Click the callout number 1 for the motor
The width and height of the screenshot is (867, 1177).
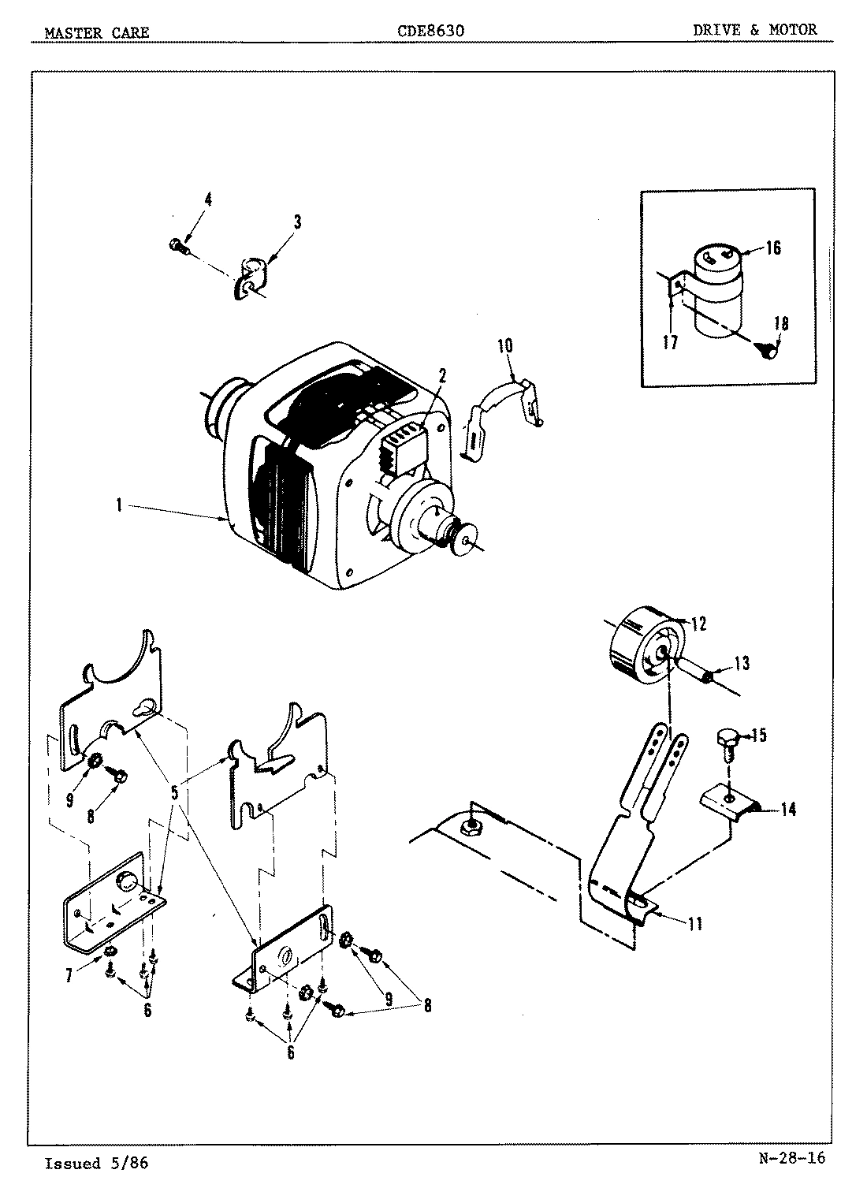pyautogui.click(x=118, y=505)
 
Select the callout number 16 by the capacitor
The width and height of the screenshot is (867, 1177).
pyautogui.click(x=772, y=248)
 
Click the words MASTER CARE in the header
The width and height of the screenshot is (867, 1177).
pyautogui.click(x=97, y=33)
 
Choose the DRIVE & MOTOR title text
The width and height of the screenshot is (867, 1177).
pyautogui.click(x=755, y=30)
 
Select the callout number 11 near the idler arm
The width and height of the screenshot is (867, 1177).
pyautogui.click(x=694, y=924)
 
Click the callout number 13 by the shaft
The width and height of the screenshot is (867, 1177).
pyautogui.click(x=742, y=664)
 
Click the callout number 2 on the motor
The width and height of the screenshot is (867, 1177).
pyautogui.click(x=442, y=376)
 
